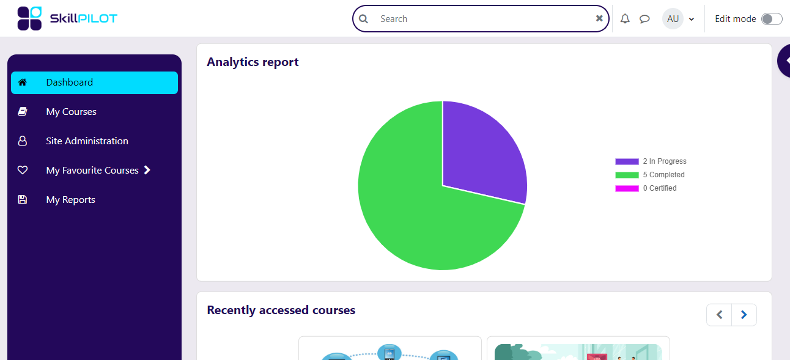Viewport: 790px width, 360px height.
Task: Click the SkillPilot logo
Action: click(67, 18)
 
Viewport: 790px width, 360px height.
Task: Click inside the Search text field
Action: click(483, 19)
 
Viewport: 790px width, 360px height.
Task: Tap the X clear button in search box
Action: click(599, 18)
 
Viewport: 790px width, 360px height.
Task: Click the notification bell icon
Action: click(625, 19)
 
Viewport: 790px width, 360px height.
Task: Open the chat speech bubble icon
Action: click(644, 19)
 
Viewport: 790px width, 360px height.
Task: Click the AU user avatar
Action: click(673, 19)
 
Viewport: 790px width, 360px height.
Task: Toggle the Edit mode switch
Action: click(771, 19)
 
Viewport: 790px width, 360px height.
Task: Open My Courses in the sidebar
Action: click(71, 112)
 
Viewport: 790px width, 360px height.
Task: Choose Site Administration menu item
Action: click(87, 141)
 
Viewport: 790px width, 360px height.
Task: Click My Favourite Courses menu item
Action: click(92, 171)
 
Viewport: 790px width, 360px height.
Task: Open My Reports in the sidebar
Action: click(70, 200)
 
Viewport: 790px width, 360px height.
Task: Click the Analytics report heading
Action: click(253, 62)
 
